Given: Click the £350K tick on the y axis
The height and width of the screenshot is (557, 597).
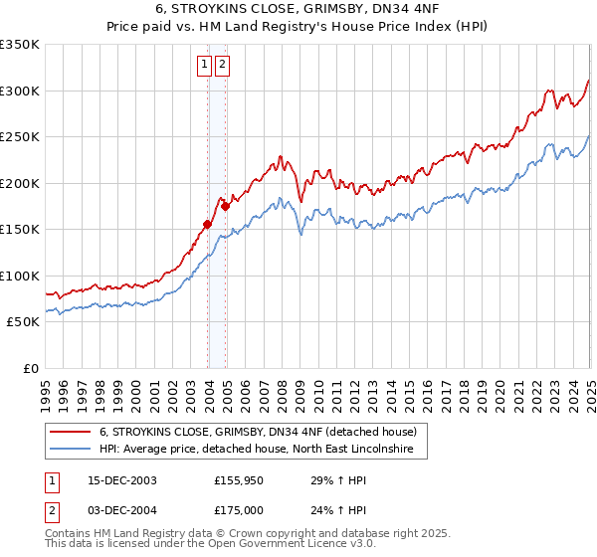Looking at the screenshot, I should coord(20,45).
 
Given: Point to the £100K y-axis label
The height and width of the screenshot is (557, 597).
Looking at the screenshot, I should coord(20,276).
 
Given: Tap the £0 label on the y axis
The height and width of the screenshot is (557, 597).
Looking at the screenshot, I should coord(31,368).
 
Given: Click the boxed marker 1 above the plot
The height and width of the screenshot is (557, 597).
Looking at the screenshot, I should coord(204,66).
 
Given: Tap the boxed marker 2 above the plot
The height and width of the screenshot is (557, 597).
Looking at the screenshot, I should coord(221,66).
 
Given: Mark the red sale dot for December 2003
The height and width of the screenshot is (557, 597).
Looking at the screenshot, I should coord(208,225).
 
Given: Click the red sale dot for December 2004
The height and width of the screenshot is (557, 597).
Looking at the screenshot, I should coord(226,206).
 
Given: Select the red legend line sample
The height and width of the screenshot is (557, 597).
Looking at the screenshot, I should coord(70,432).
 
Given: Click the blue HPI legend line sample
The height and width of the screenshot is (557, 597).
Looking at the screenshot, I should coord(70,450).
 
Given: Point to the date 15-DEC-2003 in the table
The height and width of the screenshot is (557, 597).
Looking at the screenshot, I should coord(122,480).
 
